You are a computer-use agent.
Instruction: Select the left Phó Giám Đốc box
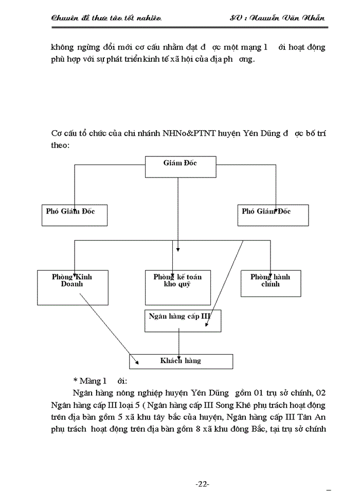tap(74, 215)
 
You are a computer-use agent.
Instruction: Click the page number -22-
tap(202, 484)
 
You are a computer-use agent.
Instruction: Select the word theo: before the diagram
tap(61, 146)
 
